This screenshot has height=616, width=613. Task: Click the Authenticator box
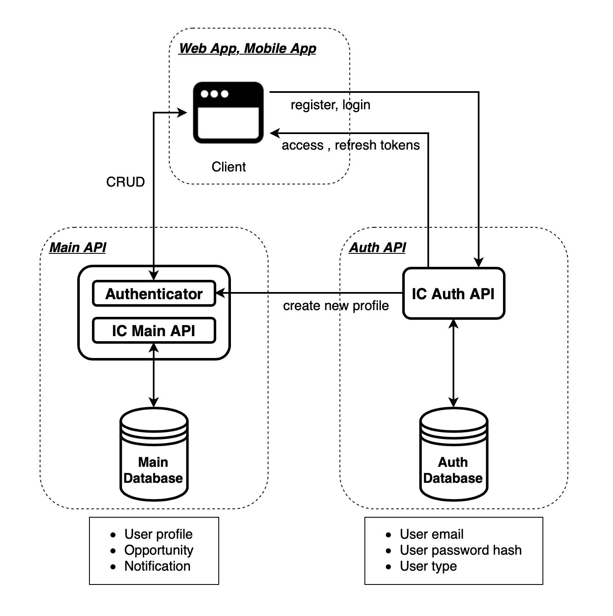pos(154,294)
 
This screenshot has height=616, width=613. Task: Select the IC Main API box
pos(154,331)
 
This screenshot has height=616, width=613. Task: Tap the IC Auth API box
pos(453,294)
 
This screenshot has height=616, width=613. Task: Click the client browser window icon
pos(228,113)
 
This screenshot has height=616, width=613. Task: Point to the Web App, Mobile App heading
pos(247,48)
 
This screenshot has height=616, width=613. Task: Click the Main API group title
pos(78,247)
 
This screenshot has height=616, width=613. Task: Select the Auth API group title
pos(377,247)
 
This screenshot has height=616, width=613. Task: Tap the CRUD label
pos(126,182)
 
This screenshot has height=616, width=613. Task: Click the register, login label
pos(330,105)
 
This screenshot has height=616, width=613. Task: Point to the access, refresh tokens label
pos(351,145)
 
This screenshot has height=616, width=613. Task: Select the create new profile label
pos(336,306)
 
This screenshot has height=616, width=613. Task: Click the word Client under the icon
pos(228,167)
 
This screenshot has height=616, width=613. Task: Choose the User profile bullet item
pos(158,534)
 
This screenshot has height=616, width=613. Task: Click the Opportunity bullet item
pos(159,550)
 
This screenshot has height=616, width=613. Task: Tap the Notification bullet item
pos(157,566)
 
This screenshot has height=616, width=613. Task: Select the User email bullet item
pos(432,534)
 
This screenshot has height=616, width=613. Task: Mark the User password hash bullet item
pos(461,550)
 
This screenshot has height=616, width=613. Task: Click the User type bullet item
pos(428,566)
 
